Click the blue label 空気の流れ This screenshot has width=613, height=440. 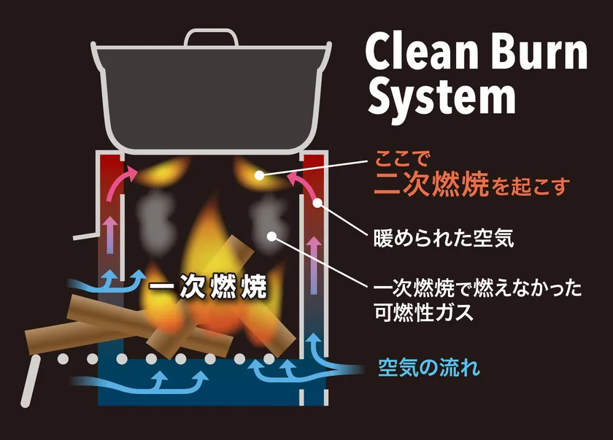point(429,368)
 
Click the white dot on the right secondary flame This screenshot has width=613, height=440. point(259,175)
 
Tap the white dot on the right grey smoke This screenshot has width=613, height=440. point(271,235)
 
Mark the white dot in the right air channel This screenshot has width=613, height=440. point(317,204)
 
